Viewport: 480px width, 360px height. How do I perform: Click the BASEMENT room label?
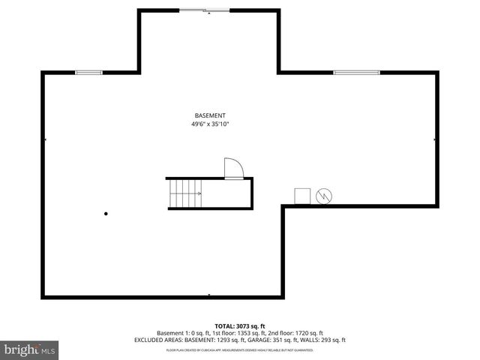tap(210, 115)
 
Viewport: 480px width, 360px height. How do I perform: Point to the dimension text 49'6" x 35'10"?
tap(210, 124)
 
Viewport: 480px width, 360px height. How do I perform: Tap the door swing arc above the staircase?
tap(233, 168)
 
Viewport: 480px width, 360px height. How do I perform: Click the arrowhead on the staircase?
tap(199, 193)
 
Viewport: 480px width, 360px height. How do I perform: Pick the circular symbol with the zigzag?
tap(324, 196)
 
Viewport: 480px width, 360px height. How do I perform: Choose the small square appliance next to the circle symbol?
tap(302, 196)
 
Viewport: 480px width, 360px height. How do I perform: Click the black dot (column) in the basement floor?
tap(106, 214)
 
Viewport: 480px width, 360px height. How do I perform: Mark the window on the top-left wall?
tap(88, 72)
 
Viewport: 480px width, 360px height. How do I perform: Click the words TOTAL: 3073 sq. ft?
tap(240, 326)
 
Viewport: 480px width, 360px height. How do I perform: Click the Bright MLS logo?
tap(30, 349)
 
